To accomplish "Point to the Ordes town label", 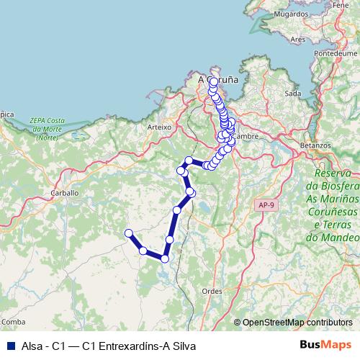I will [212, 290].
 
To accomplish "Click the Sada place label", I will [293, 94].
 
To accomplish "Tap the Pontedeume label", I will [336, 53].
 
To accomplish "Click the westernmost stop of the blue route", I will [129, 233].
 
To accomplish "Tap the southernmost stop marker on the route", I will [165, 258].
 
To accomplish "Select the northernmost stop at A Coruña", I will [214, 81].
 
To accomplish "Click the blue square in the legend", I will [11, 345].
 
